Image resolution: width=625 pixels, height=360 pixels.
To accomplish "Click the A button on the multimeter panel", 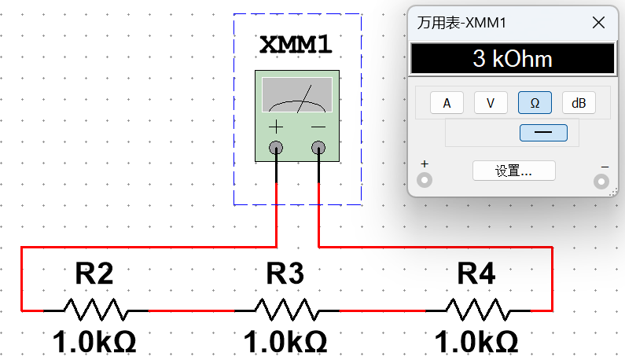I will pos(447,103).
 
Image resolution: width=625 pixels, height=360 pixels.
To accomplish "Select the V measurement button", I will pos(491,103).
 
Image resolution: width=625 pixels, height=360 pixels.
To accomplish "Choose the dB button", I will pos(579,103).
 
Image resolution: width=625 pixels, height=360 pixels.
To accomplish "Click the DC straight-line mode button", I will pos(543,133).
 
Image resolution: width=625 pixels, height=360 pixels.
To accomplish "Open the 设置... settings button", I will pos(513,171).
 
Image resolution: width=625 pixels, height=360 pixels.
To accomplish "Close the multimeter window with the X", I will pos(598,23).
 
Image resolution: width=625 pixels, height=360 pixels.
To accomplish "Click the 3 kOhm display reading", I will pos(512,59).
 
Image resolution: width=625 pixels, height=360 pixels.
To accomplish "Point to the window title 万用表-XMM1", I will pos(461,23).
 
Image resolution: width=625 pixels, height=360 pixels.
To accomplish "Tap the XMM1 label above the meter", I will pos(296,45).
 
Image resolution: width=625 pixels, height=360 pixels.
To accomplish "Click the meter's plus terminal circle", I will pos(276,147).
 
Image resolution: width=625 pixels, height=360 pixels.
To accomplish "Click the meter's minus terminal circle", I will pos(318,147).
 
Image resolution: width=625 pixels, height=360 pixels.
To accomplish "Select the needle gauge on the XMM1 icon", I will pos(296,94).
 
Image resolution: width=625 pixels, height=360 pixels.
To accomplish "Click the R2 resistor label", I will pos(94,274).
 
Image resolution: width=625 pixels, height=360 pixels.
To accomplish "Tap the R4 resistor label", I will pos(476,274).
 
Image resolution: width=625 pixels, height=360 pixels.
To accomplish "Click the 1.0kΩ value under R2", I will pos(94,343).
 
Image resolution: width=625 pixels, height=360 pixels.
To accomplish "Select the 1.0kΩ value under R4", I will pos(476,343).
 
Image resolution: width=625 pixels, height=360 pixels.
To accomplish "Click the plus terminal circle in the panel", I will pos(425,181).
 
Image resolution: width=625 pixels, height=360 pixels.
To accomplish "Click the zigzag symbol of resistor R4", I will pos(476,310).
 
